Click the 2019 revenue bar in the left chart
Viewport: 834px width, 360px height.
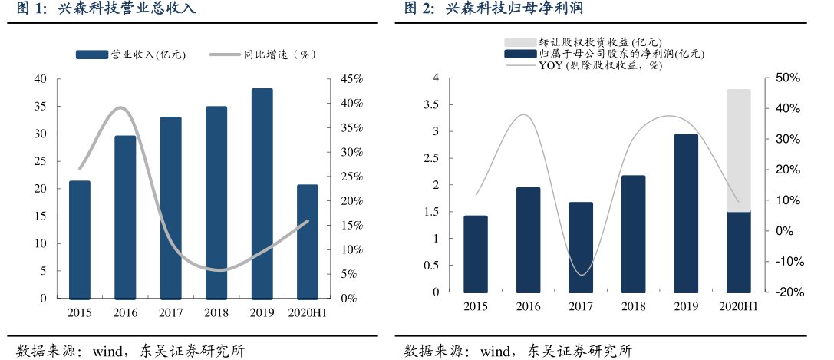(262, 193)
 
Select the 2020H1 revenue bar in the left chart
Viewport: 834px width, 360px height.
(307, 241)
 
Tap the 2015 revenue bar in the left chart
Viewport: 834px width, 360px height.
(80, 239)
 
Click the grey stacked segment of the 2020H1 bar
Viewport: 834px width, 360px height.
(738, 150)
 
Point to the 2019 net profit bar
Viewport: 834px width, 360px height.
(686, 213)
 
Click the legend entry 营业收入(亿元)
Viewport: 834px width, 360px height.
(131, 54)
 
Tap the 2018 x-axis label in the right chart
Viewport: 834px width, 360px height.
(634, 306)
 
